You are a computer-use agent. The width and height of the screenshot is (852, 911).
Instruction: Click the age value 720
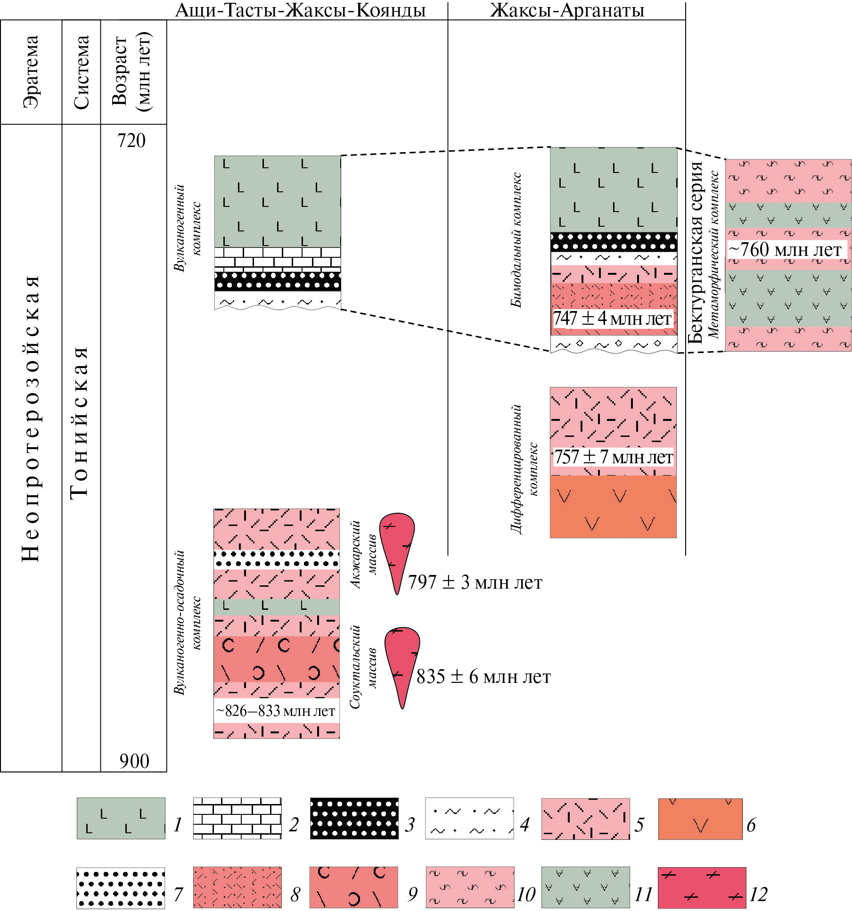(131, 141)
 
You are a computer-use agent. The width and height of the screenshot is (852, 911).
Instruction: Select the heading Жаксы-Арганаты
(567, 10)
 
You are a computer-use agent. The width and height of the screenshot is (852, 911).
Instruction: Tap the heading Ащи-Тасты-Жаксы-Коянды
(300, 10)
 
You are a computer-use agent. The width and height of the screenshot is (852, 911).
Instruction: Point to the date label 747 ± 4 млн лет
(612, 319)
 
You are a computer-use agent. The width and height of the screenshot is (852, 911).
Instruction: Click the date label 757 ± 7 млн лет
(613, 457)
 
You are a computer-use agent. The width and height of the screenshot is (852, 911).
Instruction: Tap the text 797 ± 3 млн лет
(475, 583)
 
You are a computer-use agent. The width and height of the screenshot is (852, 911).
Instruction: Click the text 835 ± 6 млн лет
(483, 677)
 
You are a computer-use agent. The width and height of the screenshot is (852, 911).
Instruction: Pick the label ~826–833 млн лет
(276, 711)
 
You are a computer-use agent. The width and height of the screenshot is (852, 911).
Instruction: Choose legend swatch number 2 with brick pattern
(238, 818)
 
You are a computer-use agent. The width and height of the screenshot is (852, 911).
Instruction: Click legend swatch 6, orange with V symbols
(700, 819)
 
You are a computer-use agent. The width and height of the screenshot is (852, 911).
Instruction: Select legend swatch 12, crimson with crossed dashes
(702, 887)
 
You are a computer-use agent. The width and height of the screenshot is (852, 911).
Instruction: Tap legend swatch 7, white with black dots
(121, 888)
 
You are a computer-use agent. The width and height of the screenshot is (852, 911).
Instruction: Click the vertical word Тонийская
(80, 422)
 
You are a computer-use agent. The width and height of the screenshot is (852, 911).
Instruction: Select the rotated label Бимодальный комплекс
(516, 240)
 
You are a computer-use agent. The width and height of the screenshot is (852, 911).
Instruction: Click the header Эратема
(31, 72)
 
